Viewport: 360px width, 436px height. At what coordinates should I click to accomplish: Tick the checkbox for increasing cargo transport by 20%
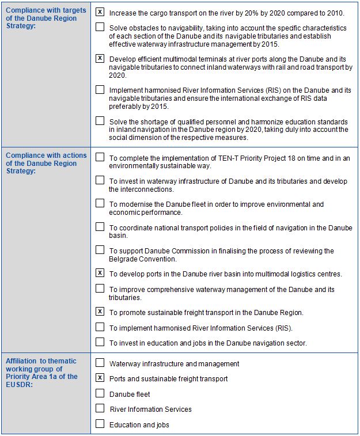click(100, 12)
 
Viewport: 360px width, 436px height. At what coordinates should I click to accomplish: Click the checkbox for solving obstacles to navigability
click(100, 27)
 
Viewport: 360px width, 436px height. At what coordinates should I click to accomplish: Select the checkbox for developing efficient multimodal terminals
click(100, 59)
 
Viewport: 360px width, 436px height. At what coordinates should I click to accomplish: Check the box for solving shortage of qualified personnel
click(100, 121)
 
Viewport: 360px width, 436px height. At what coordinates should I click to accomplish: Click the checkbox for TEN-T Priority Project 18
click(100, 157)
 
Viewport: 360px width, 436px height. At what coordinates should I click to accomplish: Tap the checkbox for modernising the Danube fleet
click(100, 203)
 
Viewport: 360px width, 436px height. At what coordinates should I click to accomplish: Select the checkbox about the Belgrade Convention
click(100, 250)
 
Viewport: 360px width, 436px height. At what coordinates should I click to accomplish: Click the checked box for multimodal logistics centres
click(100, 273)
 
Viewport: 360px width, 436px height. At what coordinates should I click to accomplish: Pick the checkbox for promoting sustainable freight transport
click(100, 312)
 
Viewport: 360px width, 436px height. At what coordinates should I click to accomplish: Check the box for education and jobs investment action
click(100, 343)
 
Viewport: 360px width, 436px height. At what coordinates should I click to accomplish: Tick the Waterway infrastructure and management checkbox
click(100, 363)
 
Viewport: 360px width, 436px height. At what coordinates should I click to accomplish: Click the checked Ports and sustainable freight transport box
click(100, 378)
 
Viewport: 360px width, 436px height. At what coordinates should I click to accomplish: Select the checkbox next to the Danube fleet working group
click(100, 393)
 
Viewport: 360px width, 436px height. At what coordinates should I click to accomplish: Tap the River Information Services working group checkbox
click(100, 408)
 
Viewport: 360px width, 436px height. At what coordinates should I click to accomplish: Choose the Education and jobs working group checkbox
click(100, 424)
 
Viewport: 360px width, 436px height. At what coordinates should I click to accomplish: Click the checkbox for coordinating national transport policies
click(100, 227)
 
